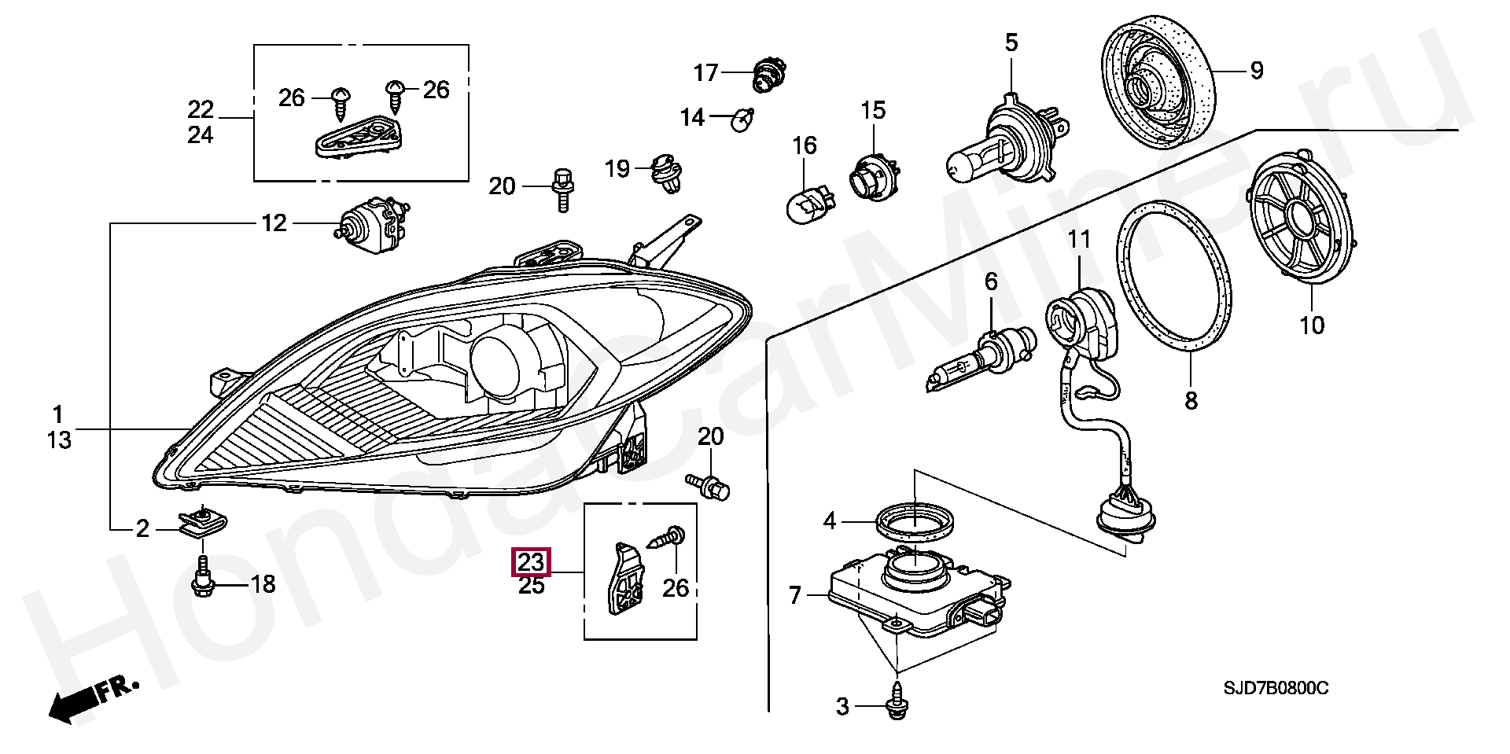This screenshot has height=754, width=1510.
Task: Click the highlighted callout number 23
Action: click(531, 562)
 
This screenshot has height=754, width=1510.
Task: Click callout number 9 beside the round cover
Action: click(1256, 71)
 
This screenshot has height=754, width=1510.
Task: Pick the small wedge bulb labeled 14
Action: click(742, 120)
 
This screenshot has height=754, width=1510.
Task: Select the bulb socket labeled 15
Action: click(874, 175)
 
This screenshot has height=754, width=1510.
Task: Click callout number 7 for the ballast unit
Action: click(795, 597)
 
